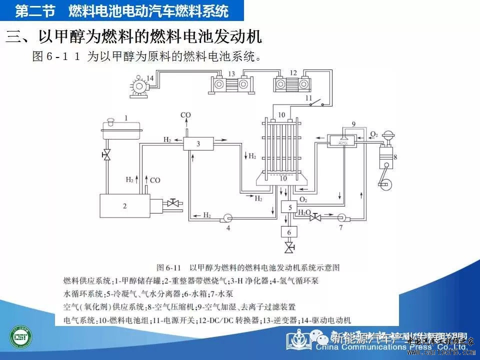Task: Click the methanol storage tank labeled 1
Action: point(121,129)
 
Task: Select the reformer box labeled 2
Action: point(125,205)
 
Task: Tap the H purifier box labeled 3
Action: point(198,144)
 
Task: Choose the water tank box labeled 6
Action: point(288,232)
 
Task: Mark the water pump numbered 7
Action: point(341,217)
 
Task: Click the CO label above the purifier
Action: point(185,115)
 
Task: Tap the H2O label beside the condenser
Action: point(304,212)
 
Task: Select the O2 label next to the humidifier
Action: point(372,134)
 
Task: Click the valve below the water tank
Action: point(288,246)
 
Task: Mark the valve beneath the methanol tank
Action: point(106,155)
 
